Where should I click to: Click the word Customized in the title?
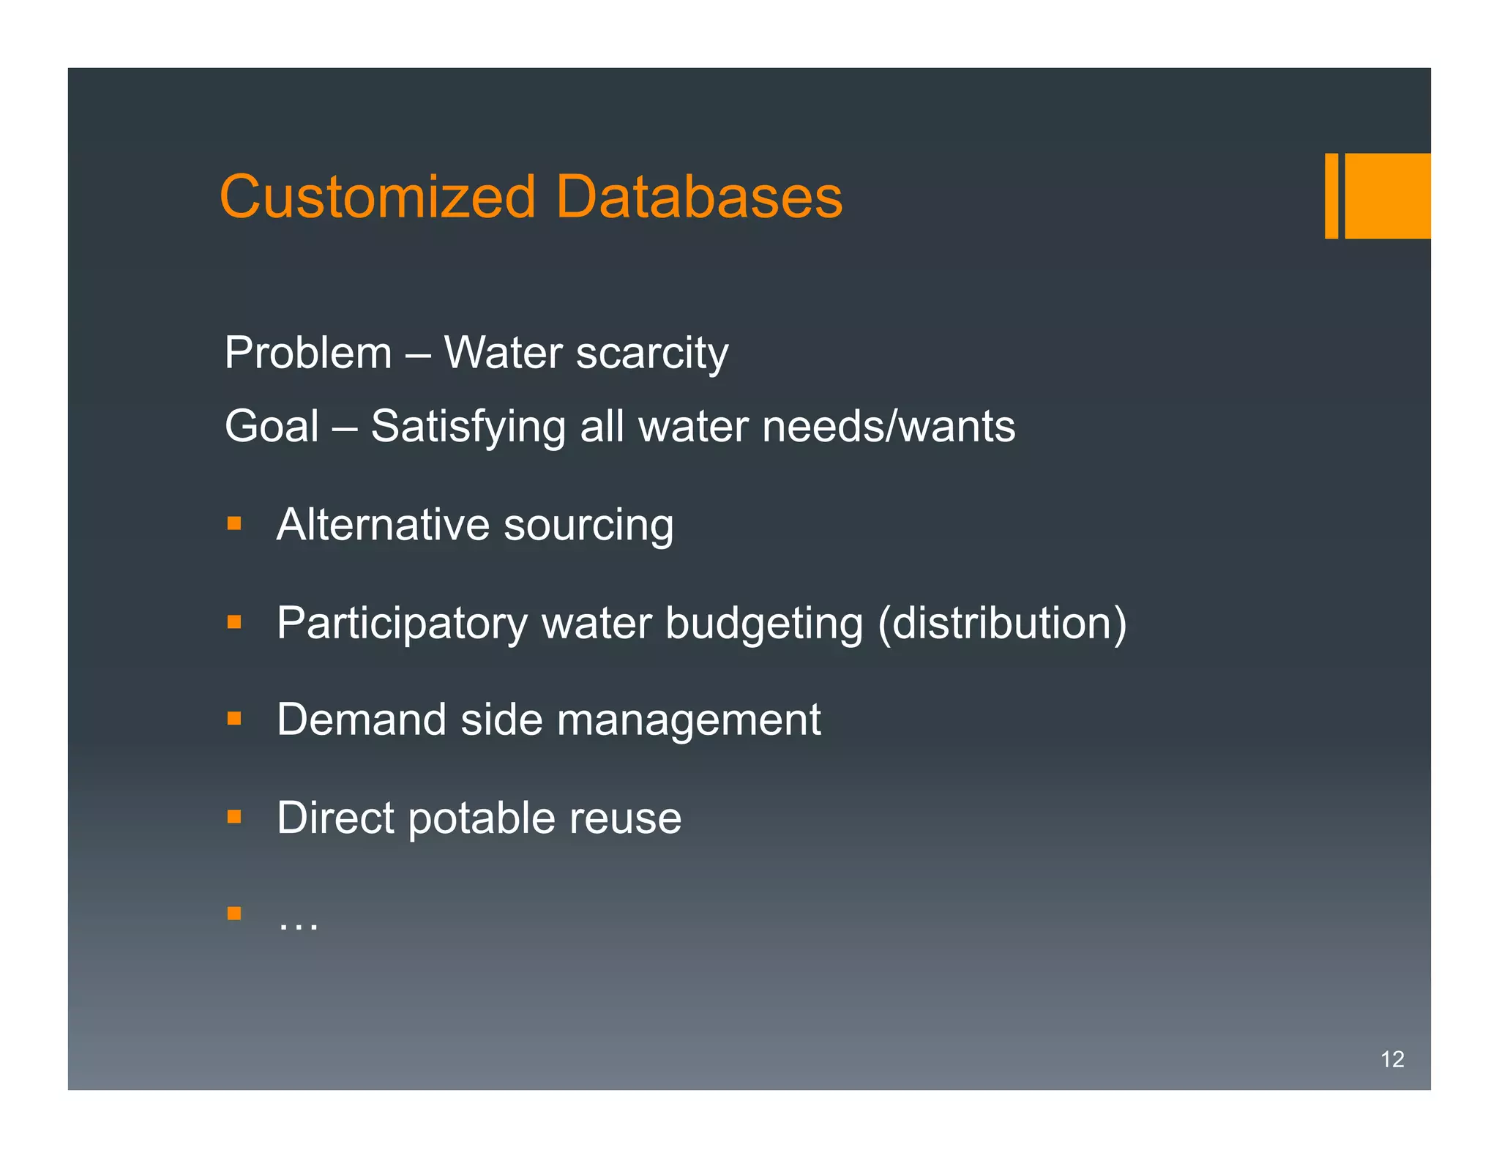tap(378, 197)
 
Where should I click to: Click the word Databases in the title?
tap(699, 197)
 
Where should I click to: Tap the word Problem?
tap(308, 353)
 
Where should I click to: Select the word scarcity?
tap(652, 354)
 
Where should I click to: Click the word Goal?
tap(272, 426)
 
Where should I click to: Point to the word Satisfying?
tap(468, 427)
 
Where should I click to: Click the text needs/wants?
tap(888, 426)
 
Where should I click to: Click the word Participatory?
tap(402, 624)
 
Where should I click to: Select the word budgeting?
tap(764, 624)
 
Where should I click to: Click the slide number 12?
tap(1391, 1059)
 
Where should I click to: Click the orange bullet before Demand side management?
tap(234, 718)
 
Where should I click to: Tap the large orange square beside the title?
tap(1387, 195)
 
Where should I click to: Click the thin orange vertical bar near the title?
tap(1331, 195)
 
